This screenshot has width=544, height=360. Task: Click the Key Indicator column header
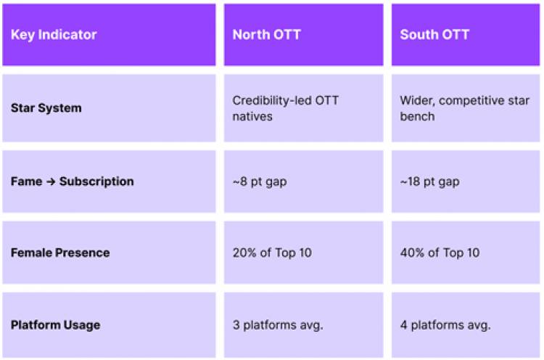coord(54,35)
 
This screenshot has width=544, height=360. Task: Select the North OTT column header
coord(267,35)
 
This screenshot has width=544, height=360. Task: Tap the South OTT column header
coord(435,35)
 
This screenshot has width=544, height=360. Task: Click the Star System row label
coord(46,108)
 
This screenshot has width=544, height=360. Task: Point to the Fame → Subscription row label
coord(73,181)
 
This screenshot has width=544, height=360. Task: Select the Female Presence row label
coord(60,253)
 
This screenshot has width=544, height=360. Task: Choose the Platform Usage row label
coord(55,324)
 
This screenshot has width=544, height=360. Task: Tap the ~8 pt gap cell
coord(260,181)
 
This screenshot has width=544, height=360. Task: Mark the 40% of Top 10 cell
coord(440,253)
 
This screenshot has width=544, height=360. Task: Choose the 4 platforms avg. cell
coord(444,324)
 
